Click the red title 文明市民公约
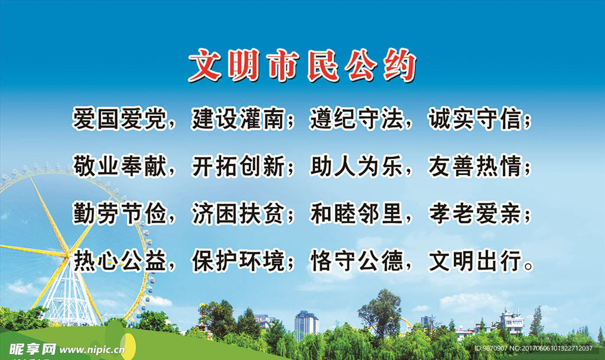tap(302, 66)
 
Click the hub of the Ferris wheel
tap(70, 253)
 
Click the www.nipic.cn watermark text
tap(92, 349)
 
